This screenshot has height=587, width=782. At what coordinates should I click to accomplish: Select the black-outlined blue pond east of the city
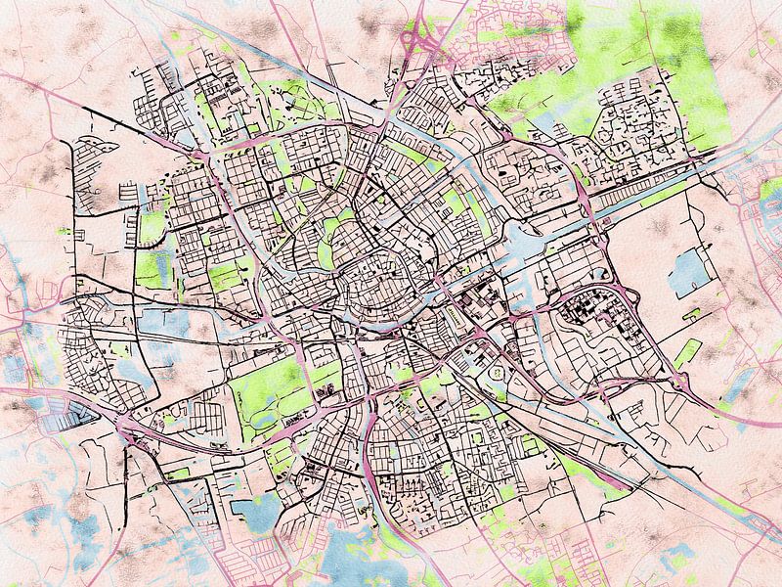point(690,272)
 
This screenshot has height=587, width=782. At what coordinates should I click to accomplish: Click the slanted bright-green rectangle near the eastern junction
point(688,351)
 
